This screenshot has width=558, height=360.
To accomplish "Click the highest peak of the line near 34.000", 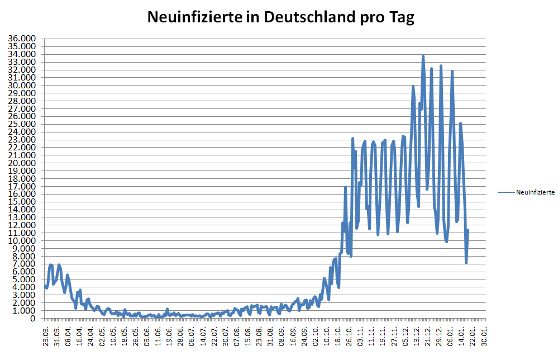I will (423, 56).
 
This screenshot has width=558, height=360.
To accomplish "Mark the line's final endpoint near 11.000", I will (468, 230).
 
